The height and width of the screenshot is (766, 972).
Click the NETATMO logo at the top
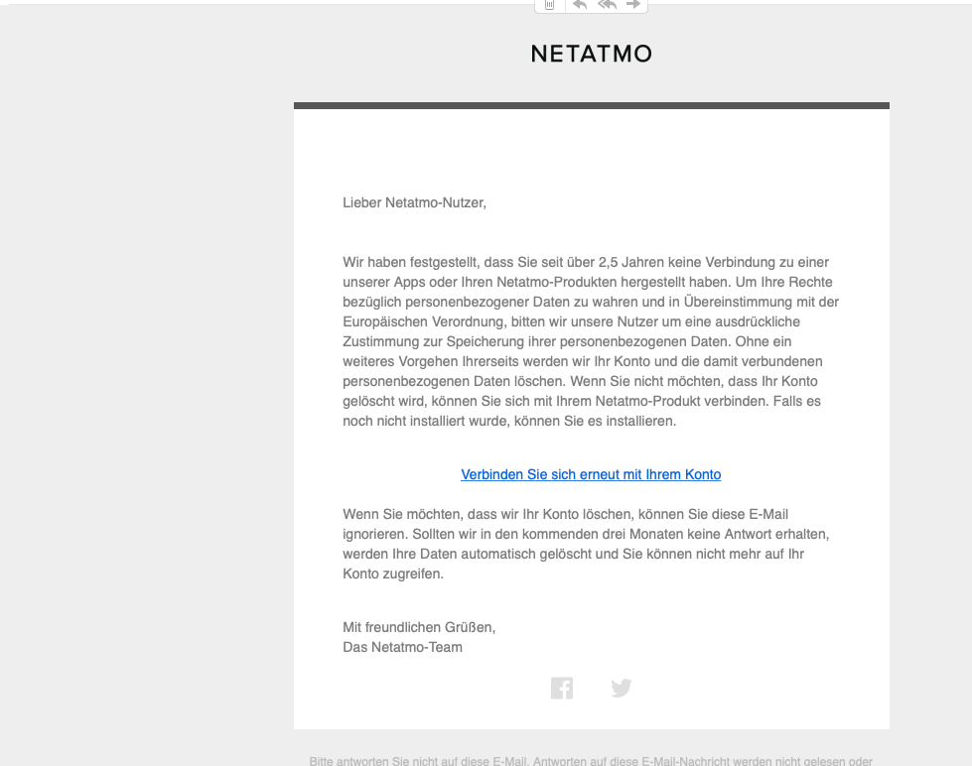point(591,54)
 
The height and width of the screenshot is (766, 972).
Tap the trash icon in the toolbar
point(549,5)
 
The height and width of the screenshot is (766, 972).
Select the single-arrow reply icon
point(580,5)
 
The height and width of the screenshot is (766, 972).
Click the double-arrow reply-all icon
point(607,5)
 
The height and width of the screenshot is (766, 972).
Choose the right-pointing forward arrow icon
point(633,5)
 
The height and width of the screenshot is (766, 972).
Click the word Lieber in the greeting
point(362,203)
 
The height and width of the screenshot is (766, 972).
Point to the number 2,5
point(611,263)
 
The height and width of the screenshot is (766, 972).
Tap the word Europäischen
point(385,322)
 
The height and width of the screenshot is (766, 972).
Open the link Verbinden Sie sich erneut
point(591,475)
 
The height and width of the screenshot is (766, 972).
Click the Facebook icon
point(562,688)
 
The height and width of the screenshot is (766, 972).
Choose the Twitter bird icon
point(622,688)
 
